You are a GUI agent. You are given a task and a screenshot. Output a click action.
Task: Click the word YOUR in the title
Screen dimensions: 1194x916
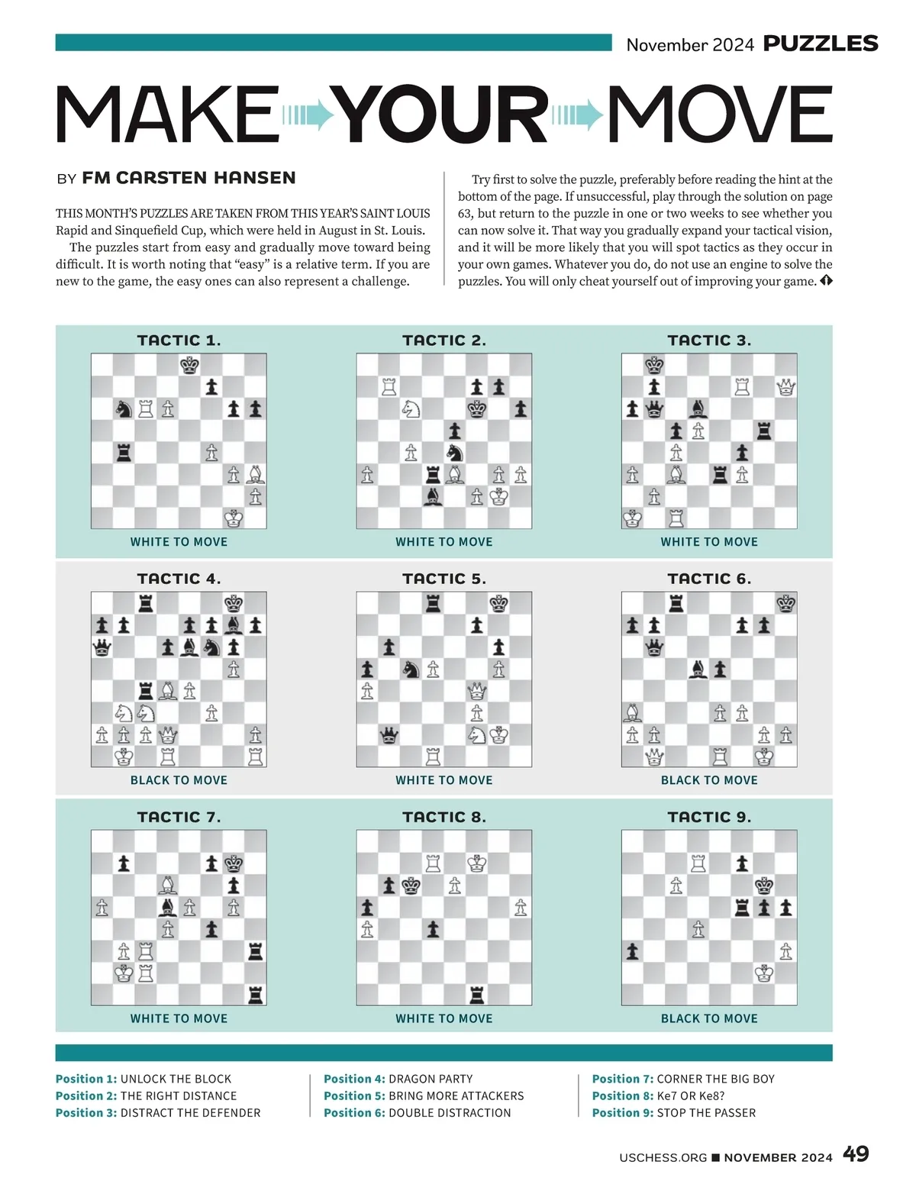tap(443, 115)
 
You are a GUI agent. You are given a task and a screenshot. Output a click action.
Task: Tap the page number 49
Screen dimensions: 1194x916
tap(856, 1154)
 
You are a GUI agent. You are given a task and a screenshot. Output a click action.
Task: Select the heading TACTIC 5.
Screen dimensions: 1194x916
tap(443, 579)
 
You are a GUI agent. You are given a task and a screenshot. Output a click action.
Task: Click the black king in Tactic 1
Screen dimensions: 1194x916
tap(189, 365)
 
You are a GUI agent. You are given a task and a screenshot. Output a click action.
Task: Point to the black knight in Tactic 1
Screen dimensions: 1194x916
tap(124, 409)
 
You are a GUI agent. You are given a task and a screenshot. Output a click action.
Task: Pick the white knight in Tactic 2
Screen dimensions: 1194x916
tap(411, 409)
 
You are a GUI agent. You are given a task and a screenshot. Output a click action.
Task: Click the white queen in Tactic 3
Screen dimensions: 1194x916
tap(785, 387)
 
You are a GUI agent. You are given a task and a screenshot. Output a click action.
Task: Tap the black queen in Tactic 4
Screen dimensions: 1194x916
tap(102, 648)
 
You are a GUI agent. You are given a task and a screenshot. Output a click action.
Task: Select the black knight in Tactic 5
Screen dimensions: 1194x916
tap(411, 670)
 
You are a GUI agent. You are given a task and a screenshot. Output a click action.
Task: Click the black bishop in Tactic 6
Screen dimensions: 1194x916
tap(698, 670)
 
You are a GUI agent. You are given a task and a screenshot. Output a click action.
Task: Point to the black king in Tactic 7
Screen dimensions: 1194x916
tap(234, 863)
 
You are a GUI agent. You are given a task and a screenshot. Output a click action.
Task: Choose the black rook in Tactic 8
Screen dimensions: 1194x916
tap(477, 995)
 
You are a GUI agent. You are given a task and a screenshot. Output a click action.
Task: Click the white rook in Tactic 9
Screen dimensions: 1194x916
tap(698, 863)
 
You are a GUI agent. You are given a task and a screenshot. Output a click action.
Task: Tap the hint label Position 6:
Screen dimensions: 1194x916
tap(354, 1112)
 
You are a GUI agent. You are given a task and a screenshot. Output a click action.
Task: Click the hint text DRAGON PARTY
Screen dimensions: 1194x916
tap(431, 1079)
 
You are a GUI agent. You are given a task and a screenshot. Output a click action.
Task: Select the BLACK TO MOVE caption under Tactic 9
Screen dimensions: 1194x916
tap(709, 1018)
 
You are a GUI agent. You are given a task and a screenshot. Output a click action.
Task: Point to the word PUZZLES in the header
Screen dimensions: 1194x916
tap(821, 44)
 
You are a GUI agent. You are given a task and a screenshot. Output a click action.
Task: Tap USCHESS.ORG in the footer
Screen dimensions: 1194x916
tap(663, 1157)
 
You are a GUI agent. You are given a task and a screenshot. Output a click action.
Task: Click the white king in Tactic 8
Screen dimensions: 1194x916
tap(477, 863)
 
